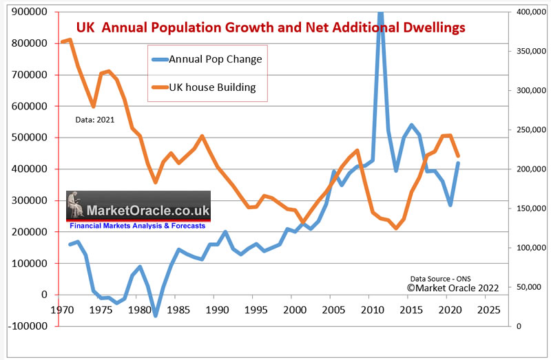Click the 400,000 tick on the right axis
pyautogui.click(x=526, y=12)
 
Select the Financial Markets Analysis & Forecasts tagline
pyautogui.click(x=138, y=224)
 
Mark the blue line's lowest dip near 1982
pyautogui.click(x=156, y=316)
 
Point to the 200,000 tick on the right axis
pyautogui.click(x=526, y=169)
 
